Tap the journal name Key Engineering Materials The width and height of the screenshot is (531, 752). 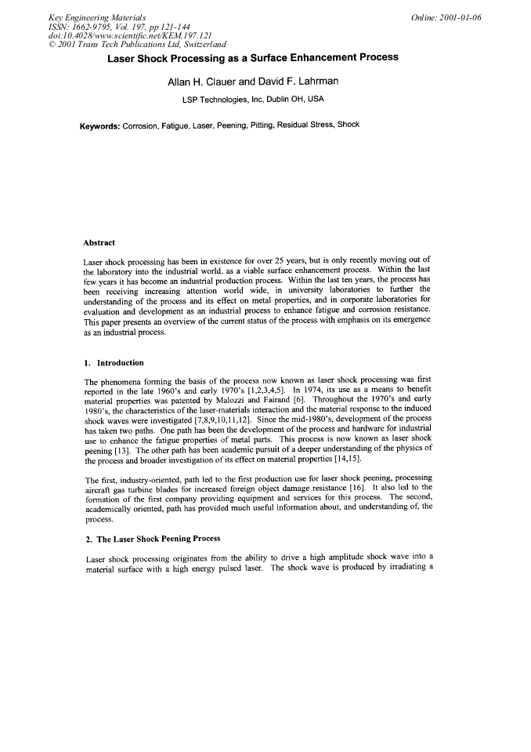point(96,17)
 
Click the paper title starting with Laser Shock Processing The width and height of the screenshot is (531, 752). point(253,57)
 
